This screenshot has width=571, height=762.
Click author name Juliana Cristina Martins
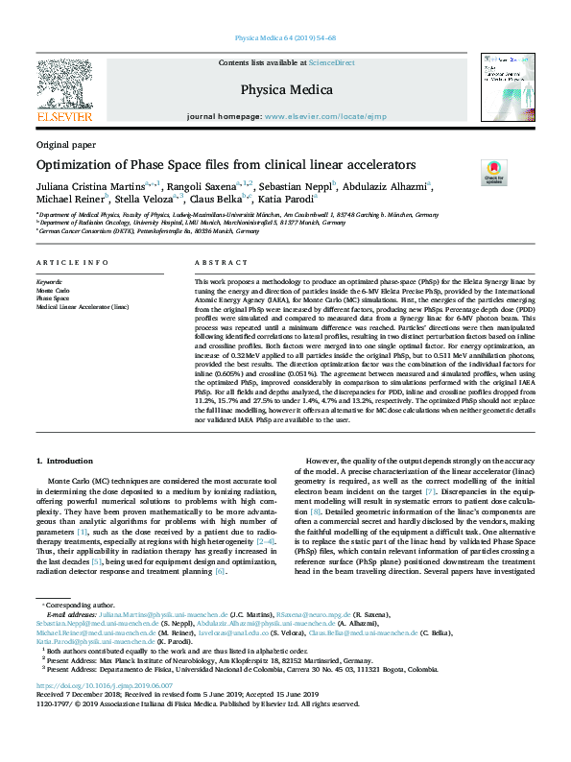[90, 185]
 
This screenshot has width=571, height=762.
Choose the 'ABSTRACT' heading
[214, 262]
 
